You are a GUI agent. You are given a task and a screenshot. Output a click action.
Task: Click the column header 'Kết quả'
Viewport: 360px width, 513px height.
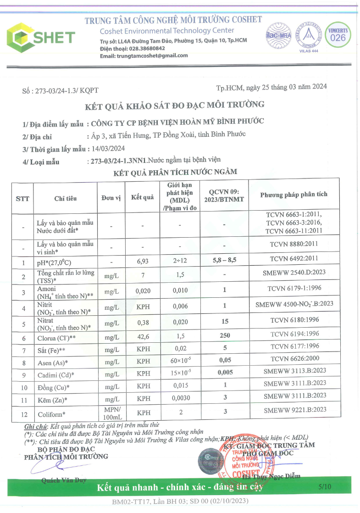click(x=142, y=197)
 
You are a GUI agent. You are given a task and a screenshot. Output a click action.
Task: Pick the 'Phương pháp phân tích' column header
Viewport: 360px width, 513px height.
click(x=294, y=195)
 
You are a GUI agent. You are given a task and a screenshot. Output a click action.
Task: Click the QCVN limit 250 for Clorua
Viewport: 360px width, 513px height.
click(x=225, y=335)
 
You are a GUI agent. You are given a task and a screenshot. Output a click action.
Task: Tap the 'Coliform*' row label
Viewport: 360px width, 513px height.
click(x=50, y=414)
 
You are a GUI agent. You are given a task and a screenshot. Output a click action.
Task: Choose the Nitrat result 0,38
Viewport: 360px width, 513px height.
click(x=144, y=323)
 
